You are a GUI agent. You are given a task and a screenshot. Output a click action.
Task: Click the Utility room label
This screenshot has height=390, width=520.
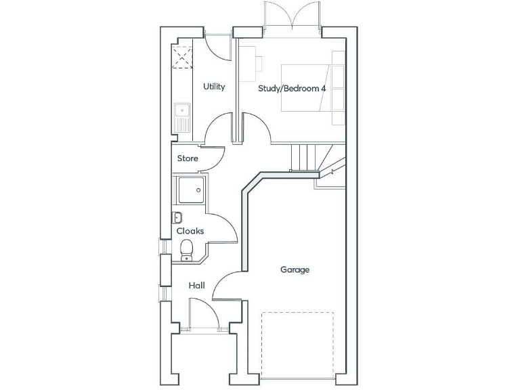[214, 87]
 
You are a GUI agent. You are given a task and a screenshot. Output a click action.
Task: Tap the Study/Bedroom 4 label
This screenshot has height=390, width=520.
[292, 88]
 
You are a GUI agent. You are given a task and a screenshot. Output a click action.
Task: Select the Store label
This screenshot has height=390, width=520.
[188, 158]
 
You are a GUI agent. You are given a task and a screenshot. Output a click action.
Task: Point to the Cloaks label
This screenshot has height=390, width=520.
[190, 231]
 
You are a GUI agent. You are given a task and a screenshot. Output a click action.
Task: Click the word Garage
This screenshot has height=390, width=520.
[295, 269]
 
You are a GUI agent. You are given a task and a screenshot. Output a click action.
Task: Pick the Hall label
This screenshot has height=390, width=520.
[197, 286]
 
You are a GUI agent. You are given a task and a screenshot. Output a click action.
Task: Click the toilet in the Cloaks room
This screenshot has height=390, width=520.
[188, 251]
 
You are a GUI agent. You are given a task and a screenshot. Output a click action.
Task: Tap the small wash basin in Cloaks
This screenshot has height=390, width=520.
[177, 217]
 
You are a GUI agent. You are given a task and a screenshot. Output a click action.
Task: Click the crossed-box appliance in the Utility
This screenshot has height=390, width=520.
[181, 55]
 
